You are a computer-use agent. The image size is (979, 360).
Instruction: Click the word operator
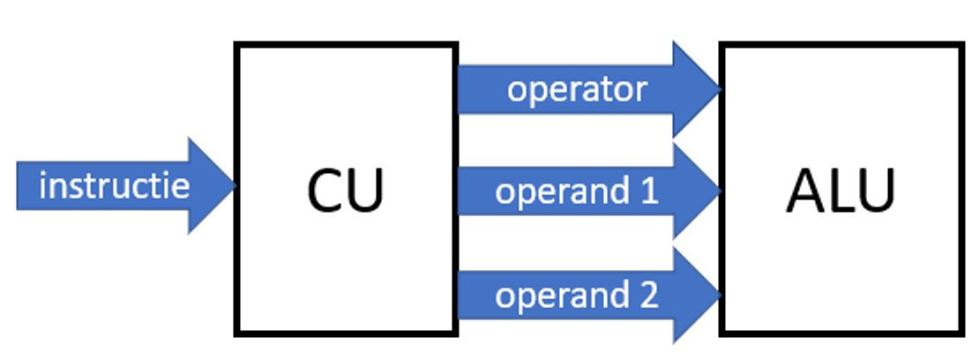click(578, 89)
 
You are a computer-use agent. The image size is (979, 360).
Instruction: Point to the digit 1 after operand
click(649, 191)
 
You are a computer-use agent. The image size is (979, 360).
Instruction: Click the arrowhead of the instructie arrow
click(212, 186)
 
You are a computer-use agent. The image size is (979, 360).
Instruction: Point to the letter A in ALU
click(804, 190)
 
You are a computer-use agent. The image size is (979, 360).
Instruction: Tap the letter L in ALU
click(840, 190)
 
